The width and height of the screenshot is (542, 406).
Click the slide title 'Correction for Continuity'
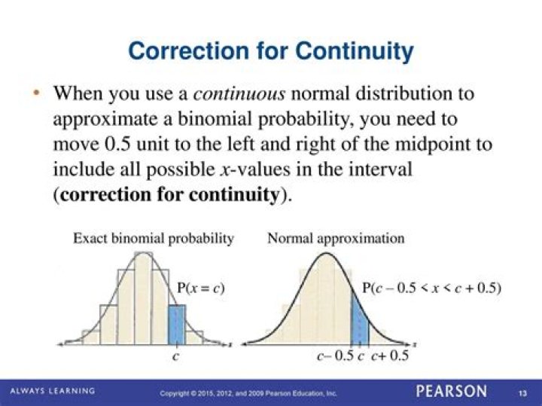pos(271,51)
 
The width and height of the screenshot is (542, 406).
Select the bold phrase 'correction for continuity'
pos(169,194)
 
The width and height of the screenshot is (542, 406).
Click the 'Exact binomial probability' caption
pos(153,239)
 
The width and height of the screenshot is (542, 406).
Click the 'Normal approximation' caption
pos(336,239)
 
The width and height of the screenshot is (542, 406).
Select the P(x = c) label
pos(201,288)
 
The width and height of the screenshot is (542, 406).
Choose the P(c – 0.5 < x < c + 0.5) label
pos(431,288)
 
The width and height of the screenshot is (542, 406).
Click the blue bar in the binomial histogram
pos(175,324)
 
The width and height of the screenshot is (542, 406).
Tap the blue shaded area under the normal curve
pos(358,320)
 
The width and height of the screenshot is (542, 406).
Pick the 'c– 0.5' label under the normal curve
pos(333,356)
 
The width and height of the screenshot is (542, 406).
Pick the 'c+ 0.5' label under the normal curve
pos(389,356)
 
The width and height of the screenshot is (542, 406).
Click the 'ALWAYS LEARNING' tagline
pos(52,391)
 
